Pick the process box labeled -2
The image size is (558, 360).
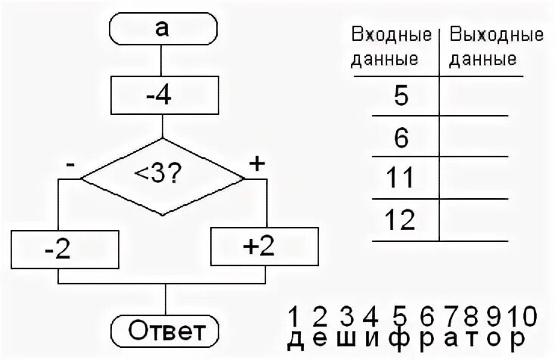(66, 250)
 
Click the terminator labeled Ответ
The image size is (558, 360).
(164, 330)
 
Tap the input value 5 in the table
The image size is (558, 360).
(401, 96)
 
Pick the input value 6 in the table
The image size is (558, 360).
(401, 138)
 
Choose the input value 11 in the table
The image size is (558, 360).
(401, 178)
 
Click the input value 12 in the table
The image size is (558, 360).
(401, 221)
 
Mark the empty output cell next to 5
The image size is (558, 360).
(480, 96)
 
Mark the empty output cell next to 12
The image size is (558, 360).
(480, 221)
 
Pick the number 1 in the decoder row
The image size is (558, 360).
(298, 315)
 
